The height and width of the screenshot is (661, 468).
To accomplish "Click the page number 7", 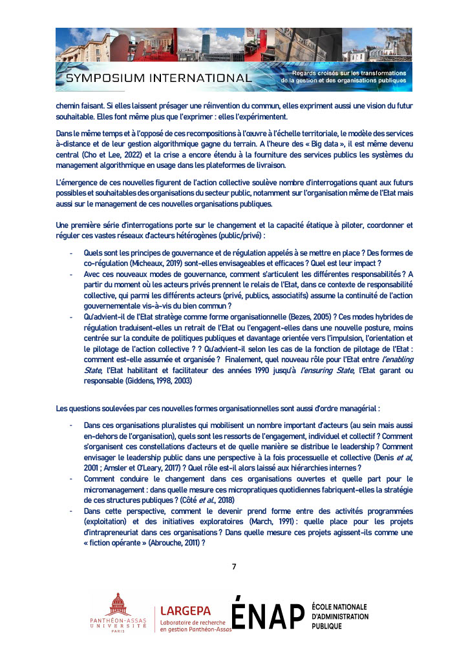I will (x=234, y=567).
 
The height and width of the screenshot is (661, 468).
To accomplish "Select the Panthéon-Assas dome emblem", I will (x=118, y=605).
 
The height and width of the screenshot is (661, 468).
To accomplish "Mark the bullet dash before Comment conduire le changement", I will (x=70, y=478).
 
